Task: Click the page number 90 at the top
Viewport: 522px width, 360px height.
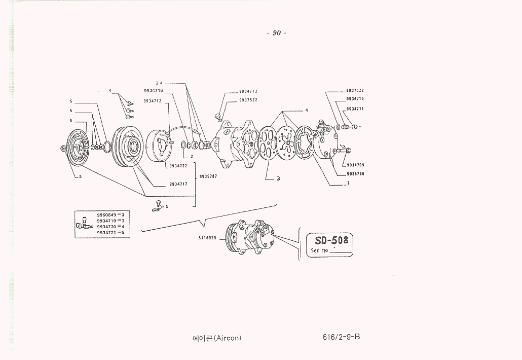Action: click(x=276, y=33)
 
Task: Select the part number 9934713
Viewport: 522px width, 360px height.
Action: click(x=248, y=91)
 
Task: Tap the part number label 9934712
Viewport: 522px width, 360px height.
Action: click(x=153, y=101)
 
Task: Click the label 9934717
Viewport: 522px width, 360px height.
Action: click(x=178, y=184)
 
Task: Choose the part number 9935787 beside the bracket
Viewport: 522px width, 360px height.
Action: click(x=208, y=176)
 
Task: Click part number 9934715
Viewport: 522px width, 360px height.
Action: click(x=355, y=98)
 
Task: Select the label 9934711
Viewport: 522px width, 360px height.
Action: click(x=355, y=109)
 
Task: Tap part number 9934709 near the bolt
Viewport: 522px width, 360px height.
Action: click(x=355, y=165)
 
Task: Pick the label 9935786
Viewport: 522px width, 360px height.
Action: click(x=355, y=173)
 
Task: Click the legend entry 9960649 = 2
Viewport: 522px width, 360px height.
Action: click(x=110, y=215)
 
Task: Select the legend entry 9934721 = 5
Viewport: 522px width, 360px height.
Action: click(x=110, y=232)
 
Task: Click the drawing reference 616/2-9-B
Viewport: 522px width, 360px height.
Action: click(x=341, y=337)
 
